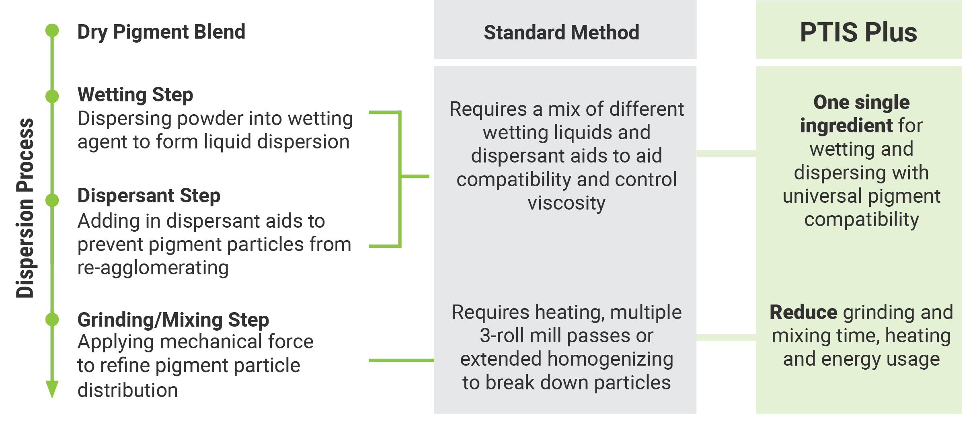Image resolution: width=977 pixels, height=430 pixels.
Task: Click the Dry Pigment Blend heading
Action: pos(161,32)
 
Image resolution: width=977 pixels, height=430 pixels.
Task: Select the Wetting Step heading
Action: pos(135,95)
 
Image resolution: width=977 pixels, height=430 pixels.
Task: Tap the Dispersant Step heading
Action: pos(149,196)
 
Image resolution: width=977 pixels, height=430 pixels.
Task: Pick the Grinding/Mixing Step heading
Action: pos(173,320)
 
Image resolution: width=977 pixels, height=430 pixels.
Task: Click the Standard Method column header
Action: pos(561,33)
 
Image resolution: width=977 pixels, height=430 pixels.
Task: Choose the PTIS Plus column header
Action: pos(858,32)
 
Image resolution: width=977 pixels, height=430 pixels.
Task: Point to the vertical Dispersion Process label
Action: pos(25,208)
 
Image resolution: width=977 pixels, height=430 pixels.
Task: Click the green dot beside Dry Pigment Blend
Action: pos(52,30)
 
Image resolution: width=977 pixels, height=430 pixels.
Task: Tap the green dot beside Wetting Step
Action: pos(52,96)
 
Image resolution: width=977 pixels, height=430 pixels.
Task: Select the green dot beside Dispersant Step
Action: pos(52,200)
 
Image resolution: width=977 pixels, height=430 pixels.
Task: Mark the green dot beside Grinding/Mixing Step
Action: pos(52,319)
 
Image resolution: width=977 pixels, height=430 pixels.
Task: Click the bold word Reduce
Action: pos(803,313)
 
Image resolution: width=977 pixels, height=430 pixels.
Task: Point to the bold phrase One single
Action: pos(862,103)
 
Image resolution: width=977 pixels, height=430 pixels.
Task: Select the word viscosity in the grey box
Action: pos(566,204)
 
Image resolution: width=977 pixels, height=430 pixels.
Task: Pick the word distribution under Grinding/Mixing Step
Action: pos(127,390)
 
